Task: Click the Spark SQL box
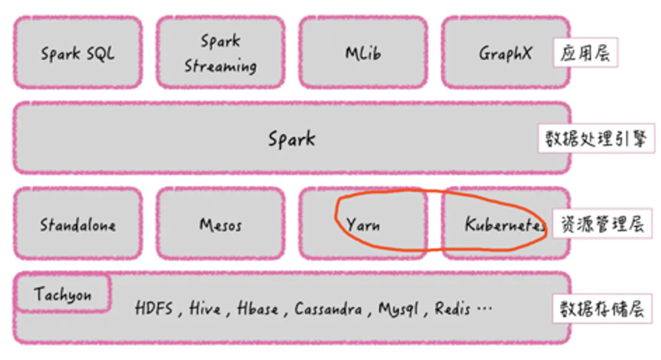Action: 78,54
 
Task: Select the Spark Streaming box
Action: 220,53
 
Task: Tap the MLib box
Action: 363,54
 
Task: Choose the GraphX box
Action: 505,54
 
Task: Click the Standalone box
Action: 78,224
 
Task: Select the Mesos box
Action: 220,224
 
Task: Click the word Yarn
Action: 363,224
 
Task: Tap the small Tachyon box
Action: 62,294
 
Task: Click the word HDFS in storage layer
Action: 154,309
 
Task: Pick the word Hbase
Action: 257,309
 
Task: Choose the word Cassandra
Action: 327,309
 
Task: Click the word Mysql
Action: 398,309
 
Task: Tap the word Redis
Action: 452,309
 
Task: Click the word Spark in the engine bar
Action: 292,139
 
